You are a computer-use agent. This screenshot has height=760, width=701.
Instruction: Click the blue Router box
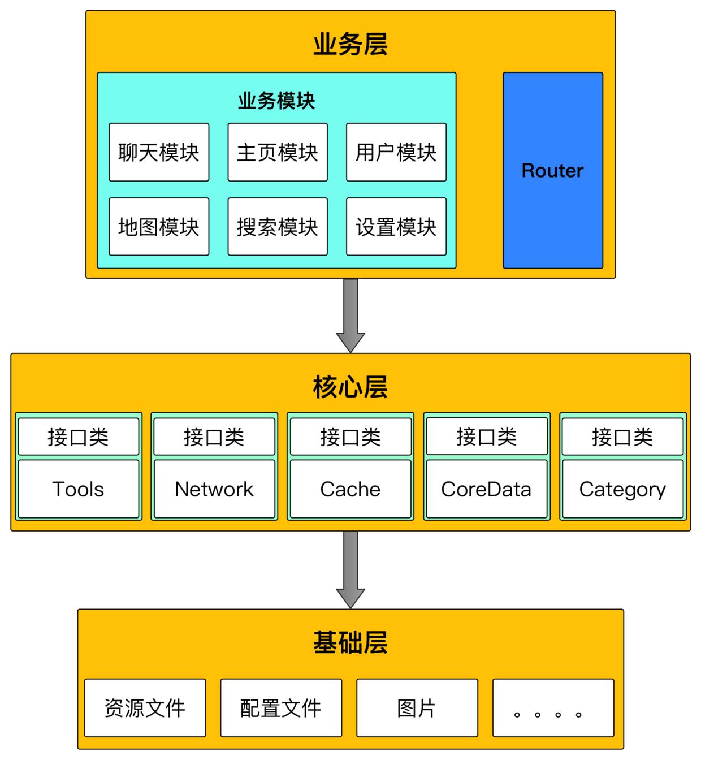[552, 170]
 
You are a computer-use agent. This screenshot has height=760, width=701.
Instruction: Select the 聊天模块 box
[159, 152]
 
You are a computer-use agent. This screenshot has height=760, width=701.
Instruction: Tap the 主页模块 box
[278, 152]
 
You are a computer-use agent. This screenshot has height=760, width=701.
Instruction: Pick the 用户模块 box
[396, 152]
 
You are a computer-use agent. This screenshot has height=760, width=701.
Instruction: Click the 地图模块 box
[159, 227]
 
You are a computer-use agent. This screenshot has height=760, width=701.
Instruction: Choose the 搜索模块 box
[278, 227]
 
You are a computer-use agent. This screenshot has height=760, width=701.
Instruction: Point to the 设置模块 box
[396, 227]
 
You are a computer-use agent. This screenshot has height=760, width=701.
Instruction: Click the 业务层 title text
[350, 44]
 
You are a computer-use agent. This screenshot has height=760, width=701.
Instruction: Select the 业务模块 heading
[276, 101]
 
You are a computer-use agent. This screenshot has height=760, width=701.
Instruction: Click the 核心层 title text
[350, 387]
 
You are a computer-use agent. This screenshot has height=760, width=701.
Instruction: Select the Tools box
[78, 489]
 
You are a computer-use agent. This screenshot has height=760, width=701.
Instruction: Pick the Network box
[214, 489]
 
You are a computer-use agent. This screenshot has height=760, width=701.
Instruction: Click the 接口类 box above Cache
[350, 437]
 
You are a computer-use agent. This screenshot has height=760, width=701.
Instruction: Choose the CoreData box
[486, 489]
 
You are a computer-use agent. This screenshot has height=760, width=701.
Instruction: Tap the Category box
[622, 489]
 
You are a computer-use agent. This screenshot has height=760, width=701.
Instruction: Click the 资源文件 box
[145, 708]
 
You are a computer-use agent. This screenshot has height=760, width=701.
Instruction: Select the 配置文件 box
[281, 708]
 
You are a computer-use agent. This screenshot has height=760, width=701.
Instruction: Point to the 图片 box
[417, 708]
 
